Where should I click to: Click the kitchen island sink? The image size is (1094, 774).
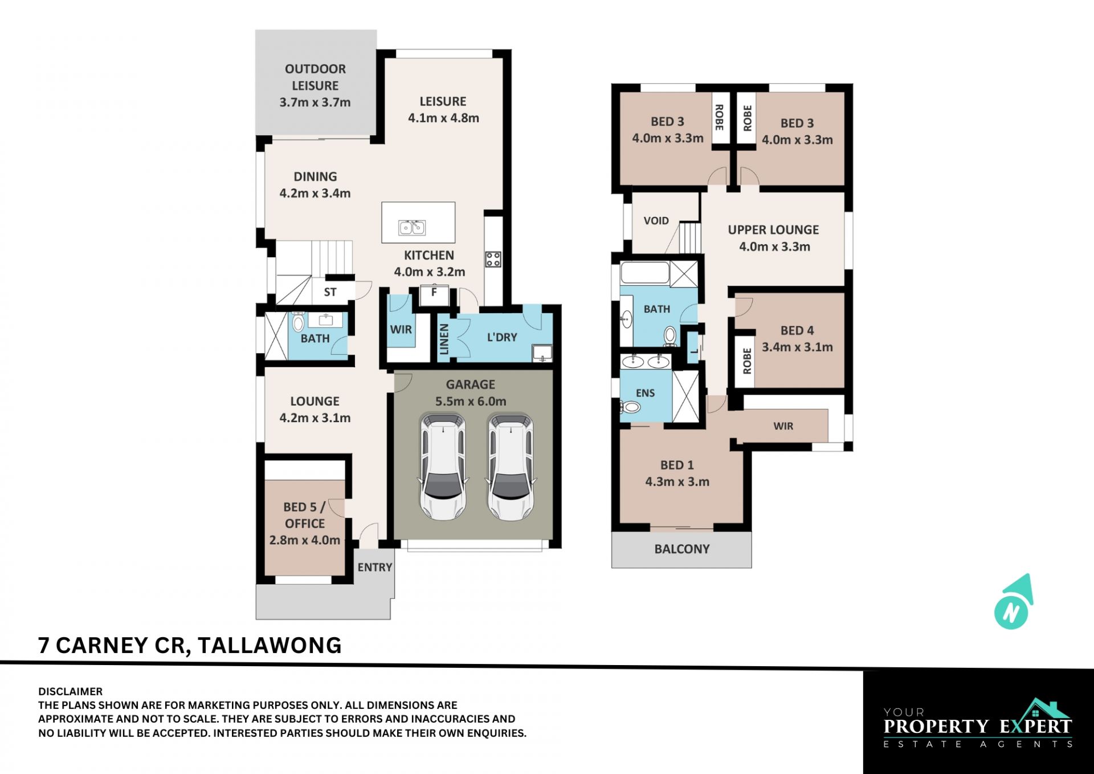(412, 228)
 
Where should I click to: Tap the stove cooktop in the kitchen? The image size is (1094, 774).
(493, 260)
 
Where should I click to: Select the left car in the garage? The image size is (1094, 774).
(443, 467)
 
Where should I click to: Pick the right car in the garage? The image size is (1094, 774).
(511, 467)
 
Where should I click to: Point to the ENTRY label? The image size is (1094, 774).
(375, 568)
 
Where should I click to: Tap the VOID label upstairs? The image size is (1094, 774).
(656, 221)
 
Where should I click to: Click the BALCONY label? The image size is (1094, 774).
(682, 549)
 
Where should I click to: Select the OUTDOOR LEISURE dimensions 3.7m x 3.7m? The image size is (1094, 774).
(315, 103)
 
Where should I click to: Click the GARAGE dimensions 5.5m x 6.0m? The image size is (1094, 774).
(471, 402)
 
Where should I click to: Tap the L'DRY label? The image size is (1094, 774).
(502, 338)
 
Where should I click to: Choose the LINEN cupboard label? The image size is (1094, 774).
(444, 339)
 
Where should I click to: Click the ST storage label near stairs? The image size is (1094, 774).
(330, 293)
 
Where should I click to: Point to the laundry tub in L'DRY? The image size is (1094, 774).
(542, 353)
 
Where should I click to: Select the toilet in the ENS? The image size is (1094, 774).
(630, 407)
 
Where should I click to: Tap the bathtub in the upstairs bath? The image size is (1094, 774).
(644, 273)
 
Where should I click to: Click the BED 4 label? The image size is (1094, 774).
(797, 331)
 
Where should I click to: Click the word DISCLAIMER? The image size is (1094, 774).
(71, 692)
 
